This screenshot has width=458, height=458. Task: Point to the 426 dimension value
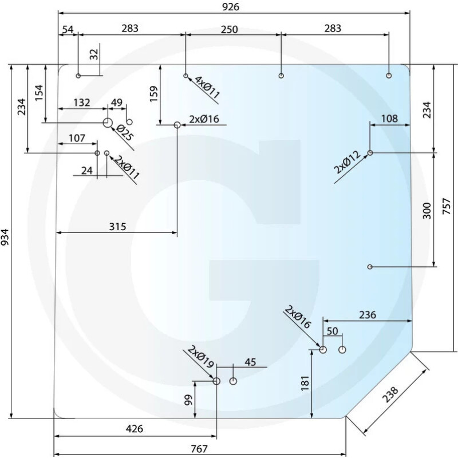(x=134, y=429)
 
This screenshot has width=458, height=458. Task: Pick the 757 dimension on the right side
(x=448, y=207)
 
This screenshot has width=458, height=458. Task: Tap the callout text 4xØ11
(x=207, y=88)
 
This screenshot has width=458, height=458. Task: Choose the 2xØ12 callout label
(x=348, y=162)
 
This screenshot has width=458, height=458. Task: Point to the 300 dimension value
(x=426, y=211)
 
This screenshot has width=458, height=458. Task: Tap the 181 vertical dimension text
(x=305, y=382)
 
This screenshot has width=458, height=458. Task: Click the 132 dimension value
(x=82, y=102)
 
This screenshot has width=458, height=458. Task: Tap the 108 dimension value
(x=389, y=119)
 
